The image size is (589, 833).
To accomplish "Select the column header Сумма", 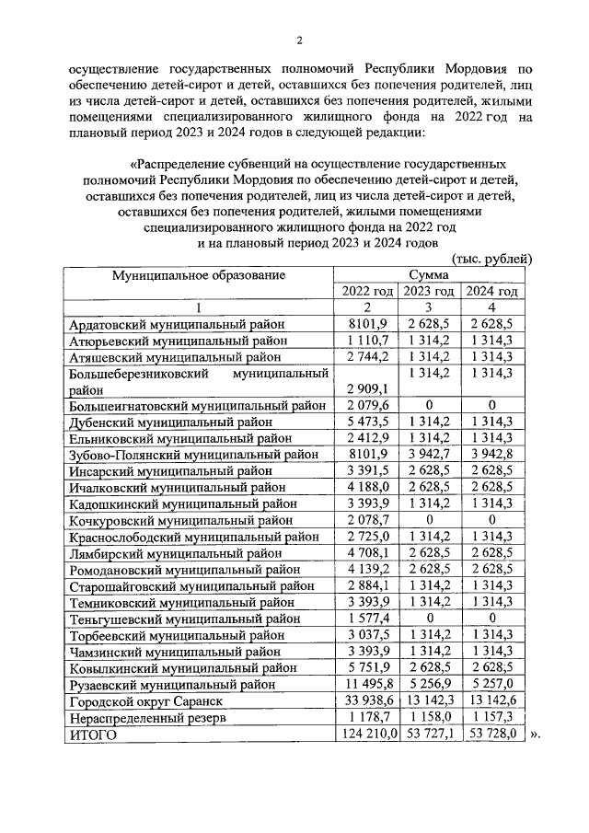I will [430, 274].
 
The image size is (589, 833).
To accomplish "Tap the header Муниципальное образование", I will [199, 274].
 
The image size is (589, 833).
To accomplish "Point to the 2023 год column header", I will [429, 291].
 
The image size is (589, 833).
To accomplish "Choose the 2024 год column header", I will [491, 291].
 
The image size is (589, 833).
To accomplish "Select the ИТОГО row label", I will [94, 735].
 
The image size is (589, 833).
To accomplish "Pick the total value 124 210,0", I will [366, 735].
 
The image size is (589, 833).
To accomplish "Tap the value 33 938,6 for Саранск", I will [368, 701].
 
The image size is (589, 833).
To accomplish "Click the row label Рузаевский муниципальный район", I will [177, 685].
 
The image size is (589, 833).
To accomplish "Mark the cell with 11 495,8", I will [368, 685].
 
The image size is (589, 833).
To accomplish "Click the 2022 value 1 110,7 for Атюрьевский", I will [368, 341].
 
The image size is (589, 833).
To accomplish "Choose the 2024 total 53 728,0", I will [491, 735].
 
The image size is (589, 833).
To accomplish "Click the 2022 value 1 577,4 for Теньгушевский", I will [368, 619].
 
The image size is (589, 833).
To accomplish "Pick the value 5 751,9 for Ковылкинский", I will [368, 668].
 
